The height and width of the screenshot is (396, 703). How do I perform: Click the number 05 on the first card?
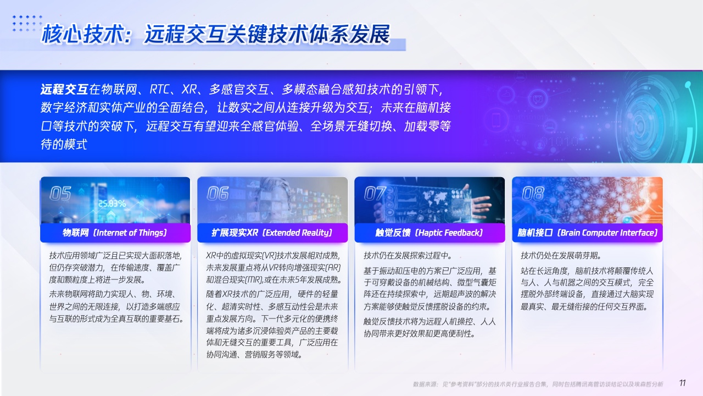coord(60,193)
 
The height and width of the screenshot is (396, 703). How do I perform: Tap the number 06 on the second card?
coord(217,193)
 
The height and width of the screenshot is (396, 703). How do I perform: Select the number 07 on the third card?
coord(375,193)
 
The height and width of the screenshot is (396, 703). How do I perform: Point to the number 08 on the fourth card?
coord(533,193)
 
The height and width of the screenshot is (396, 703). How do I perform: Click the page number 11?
coord(682,383)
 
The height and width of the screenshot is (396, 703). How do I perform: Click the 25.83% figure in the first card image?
coord(112,204)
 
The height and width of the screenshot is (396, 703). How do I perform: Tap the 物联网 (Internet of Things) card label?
coord(115,233)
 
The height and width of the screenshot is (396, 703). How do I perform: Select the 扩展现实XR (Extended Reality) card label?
coord(272,233)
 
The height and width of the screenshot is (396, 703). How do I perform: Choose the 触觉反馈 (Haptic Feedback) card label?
coord(429,233)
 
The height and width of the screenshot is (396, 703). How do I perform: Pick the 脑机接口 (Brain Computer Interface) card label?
coord(587,233)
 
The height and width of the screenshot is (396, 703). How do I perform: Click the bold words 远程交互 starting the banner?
coord(64,90)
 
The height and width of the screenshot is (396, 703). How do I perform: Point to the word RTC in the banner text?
coord(159,90)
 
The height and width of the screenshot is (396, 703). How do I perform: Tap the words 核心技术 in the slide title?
coord(82,34)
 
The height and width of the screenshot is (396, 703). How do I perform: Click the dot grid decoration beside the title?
coord(27,23)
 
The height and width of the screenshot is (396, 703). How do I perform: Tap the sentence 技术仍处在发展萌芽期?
coord(561,256)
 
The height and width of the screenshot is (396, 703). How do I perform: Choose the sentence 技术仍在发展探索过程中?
coord(408,256)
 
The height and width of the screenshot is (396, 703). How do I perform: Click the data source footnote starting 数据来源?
coord(538,384)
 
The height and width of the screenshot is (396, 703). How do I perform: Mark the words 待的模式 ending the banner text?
coord(64,144)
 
